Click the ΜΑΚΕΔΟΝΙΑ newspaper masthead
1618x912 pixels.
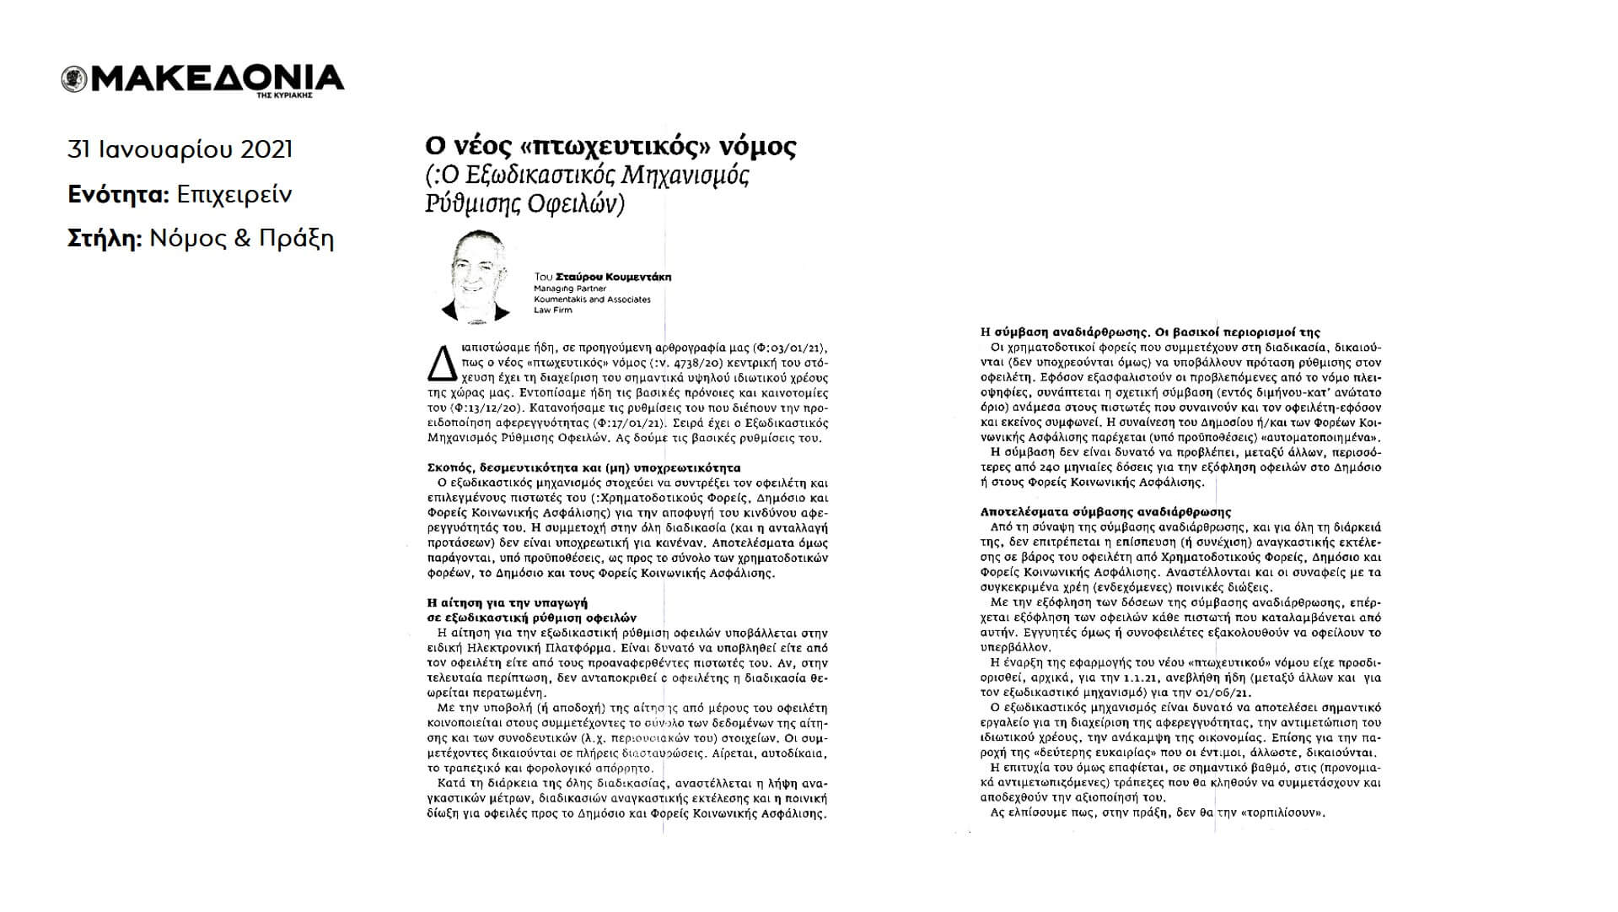214,78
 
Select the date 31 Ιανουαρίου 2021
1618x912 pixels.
180,149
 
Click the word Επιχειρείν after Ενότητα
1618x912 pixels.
234,195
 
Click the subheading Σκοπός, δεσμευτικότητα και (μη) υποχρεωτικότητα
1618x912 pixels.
583,467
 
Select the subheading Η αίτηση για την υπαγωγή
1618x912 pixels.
507,603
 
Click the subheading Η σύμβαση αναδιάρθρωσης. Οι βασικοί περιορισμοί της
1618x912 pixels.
1151,332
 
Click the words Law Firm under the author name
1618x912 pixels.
552,310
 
